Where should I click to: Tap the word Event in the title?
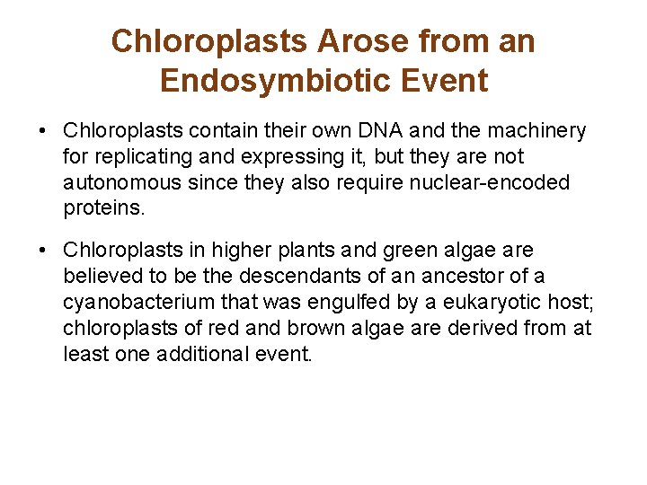pyautogui.click(x=444, y=81)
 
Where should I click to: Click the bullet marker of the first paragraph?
pyautogui.click(x=43, y=131)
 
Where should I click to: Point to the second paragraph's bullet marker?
pyautogui.click(x=43, y=250)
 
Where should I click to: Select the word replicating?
pyautogui.click(x=141, y=157)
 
